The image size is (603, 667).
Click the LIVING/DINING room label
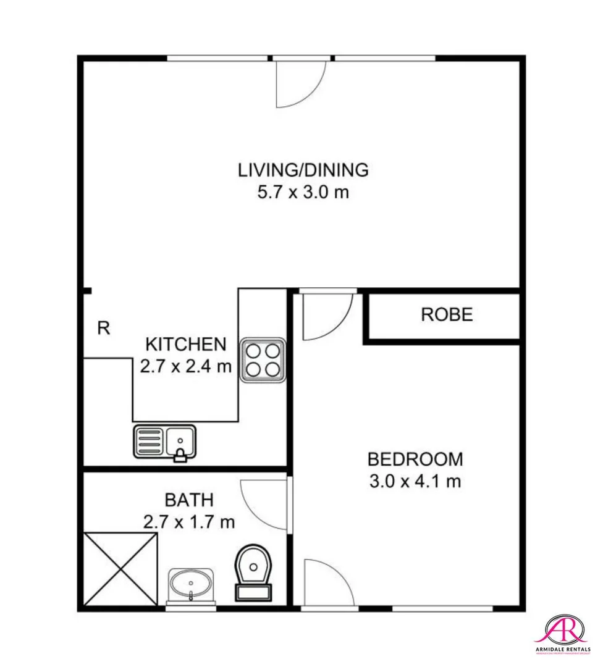(x=303, y=169)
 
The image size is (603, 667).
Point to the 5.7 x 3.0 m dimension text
(x=303, y=192)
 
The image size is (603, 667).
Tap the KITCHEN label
(x=185, y=344)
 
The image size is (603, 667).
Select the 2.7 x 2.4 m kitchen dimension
(x=185, y=367)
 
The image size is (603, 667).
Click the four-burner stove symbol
(x=262, y=360)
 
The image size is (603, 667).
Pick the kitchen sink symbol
(x=164, y=442)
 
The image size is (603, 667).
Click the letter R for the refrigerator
(x=104, y=329)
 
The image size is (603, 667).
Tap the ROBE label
(x=447, y=314)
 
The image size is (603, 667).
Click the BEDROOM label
(x=415, y=459)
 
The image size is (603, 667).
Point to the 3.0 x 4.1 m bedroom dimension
(x=415, y=482)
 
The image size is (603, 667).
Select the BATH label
(x=189, y=499)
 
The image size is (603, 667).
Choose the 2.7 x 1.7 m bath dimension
(x=189, y=522)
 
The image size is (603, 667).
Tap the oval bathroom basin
(x=192, y=584)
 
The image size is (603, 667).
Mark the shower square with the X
(x=120, y=569)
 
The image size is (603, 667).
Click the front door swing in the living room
(x=299, y=83)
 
